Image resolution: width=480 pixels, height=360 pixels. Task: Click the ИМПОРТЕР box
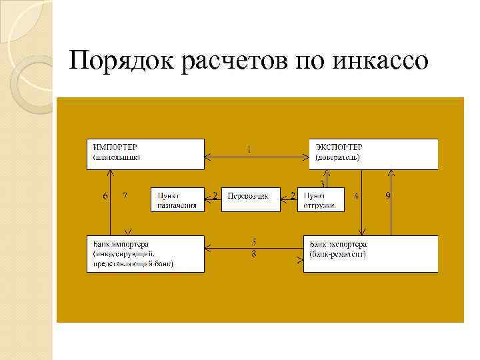145,153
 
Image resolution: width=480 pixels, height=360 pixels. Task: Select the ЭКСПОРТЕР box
374,153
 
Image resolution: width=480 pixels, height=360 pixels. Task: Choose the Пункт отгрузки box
321,199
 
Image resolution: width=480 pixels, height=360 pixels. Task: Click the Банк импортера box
145,253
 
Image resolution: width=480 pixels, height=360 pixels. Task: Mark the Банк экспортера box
371,253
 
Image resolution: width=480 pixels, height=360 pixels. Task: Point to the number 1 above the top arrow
249,149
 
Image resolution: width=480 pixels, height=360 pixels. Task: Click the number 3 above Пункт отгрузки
323,183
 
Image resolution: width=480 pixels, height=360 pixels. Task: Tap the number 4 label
357,196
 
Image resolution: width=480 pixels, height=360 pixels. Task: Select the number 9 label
388,196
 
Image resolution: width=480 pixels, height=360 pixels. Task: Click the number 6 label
105,196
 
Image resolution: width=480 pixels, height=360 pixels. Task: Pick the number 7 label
125,196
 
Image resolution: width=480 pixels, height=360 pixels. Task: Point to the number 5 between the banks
254,241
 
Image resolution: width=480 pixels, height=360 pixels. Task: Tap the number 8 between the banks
254,254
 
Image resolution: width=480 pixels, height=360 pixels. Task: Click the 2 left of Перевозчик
214,195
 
